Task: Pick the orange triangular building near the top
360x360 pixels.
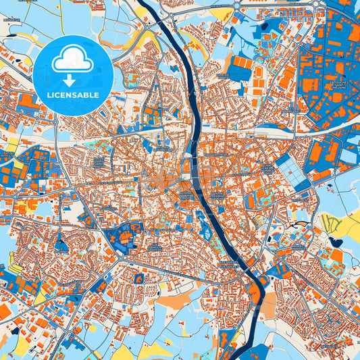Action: [143, 11]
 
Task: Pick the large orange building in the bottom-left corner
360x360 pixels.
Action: [5, 311]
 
